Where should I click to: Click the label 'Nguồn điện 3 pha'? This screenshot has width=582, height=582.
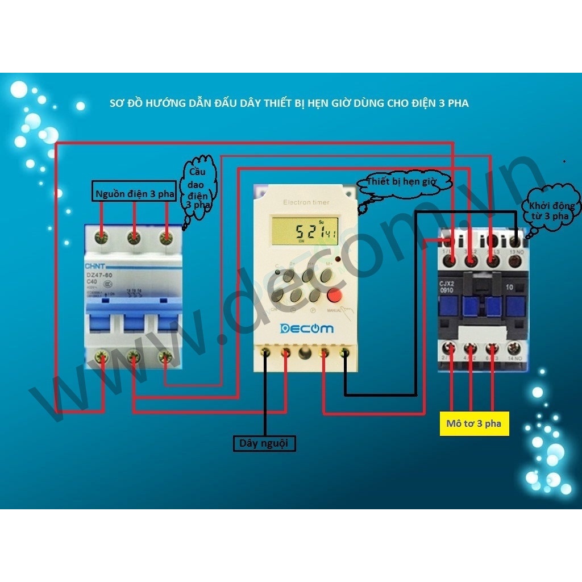pyautogui.click(x=134, y=193)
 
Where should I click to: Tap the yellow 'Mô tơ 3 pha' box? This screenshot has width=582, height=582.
pyautogui.click(x=473, y=423)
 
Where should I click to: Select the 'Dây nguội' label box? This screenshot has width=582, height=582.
pyautogui.click(x=265, y=443)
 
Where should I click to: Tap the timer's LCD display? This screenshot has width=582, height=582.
pyautogui.click(x=305, y=230)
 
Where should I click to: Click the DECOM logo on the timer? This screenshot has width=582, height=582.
pyautogui.click(x=306, y=329)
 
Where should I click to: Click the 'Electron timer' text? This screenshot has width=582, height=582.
pyautogui.click(x=306, y=202)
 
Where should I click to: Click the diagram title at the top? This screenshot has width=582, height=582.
pyautogui.click(x=289, y=103)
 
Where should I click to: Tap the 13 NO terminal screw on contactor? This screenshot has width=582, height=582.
pyautogui.click(x=516, y=260)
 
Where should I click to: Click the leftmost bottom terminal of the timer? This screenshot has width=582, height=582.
pyautogui.click(x=265, y=353)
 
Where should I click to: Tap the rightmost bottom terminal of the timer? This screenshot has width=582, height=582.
pyautogui.click(x=344, y=353)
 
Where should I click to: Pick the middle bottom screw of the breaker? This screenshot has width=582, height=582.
pyautogui.click(x=134, y=357)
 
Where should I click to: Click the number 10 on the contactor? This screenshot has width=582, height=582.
pyautogui.click(x=509, y=288)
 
